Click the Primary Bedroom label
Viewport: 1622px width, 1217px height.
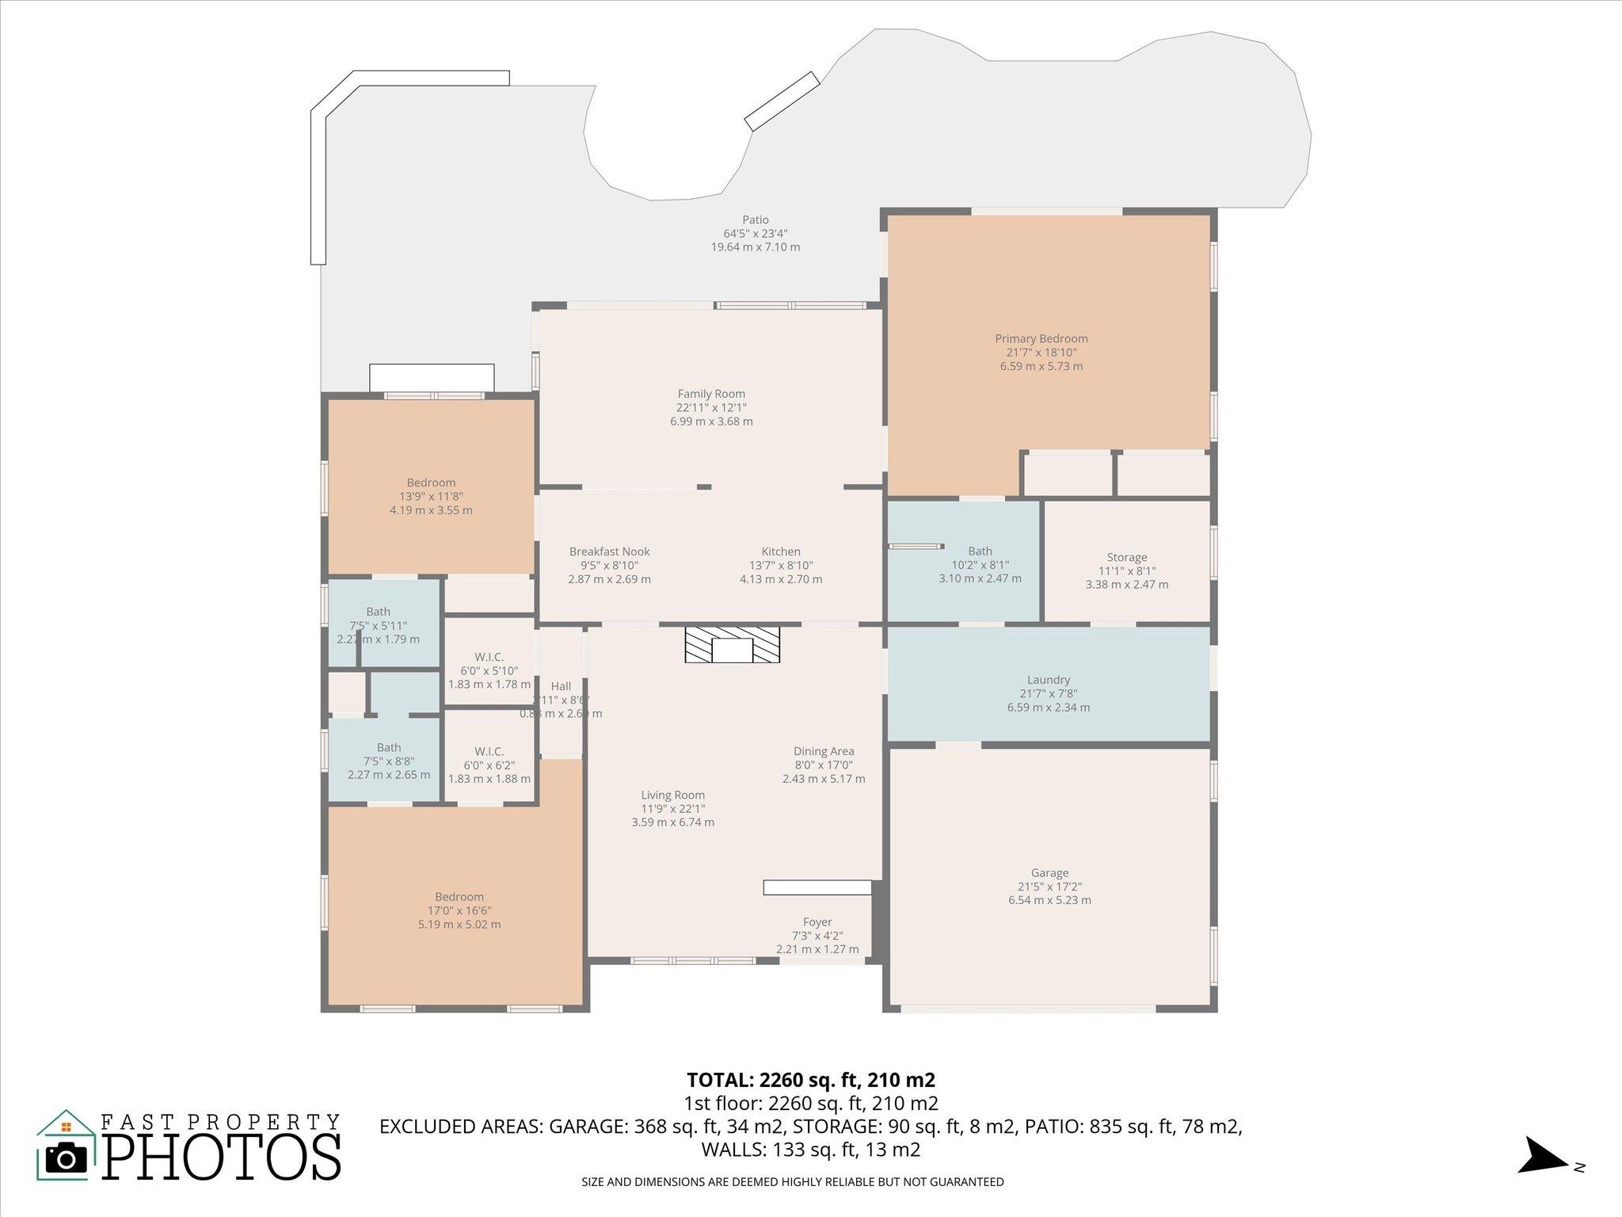(x=1041, y=339)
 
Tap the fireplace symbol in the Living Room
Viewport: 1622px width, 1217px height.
(x=732, y=645)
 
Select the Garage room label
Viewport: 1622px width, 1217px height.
(x=1049, y=873)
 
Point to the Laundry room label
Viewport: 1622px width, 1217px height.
(x=1048, y=680)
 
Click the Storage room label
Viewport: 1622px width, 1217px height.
(x=1126, y=557)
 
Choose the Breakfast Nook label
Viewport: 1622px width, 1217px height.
(x=609, y=551)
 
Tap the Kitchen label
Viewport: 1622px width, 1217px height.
(x=781, y=551)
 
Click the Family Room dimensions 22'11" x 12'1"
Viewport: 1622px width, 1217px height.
(x=710, y=408)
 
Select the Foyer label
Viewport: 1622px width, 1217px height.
(x=817, y=922)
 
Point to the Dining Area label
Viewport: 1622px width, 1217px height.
(x=824, y=751)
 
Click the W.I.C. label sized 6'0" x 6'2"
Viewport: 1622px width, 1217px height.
(x=489, y=751)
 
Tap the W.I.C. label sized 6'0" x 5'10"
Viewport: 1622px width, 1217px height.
(x=489, y=657)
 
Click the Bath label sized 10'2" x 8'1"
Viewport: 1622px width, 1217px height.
(x=980, y=551)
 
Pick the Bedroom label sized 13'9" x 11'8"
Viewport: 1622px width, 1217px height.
(x=431, y=483)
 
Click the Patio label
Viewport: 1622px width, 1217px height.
(x=755, y=219)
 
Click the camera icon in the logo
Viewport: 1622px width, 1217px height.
(x=67, y=1158)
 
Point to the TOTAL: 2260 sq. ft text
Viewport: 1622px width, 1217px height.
(x=810, y=1080)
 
